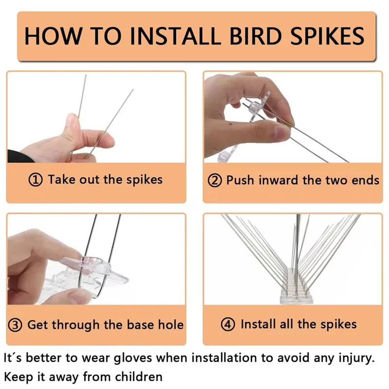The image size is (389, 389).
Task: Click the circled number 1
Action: point(36,180)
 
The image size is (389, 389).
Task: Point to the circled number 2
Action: point(214,180)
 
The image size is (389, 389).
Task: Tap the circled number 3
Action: point(17,325)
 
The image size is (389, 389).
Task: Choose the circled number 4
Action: point(228,324)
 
